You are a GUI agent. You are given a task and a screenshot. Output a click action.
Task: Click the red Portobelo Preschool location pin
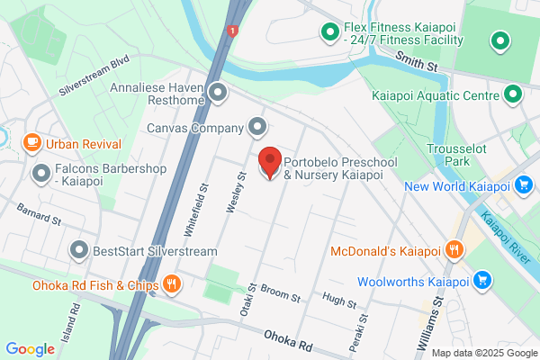tap(269, 163)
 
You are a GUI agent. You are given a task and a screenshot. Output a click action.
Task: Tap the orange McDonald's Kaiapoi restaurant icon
tap(455, 250)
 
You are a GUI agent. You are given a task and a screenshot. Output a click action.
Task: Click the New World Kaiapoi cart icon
tap(523, 186)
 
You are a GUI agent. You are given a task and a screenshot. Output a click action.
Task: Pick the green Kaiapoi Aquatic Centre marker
tap(513, 94)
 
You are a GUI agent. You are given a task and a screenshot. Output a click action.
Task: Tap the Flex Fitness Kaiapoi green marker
tap(328, 34)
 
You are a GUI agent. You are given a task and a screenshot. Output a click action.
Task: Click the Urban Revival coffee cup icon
tap(31, 142)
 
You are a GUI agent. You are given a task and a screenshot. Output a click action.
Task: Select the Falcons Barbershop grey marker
tap(40, 172)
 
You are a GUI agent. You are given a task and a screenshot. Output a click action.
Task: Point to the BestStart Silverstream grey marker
tap(80, 249)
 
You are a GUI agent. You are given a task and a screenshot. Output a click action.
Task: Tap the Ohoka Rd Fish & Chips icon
tap(171, 286)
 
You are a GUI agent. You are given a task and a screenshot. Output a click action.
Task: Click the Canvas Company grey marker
tap(257, 128)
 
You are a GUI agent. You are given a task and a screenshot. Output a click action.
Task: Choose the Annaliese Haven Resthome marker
tap(217, 93)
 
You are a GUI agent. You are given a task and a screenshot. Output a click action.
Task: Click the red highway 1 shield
tap(233, 31)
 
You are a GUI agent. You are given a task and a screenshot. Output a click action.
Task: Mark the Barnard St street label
tap(39, 213)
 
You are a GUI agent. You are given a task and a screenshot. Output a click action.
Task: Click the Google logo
tap(31, 349)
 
